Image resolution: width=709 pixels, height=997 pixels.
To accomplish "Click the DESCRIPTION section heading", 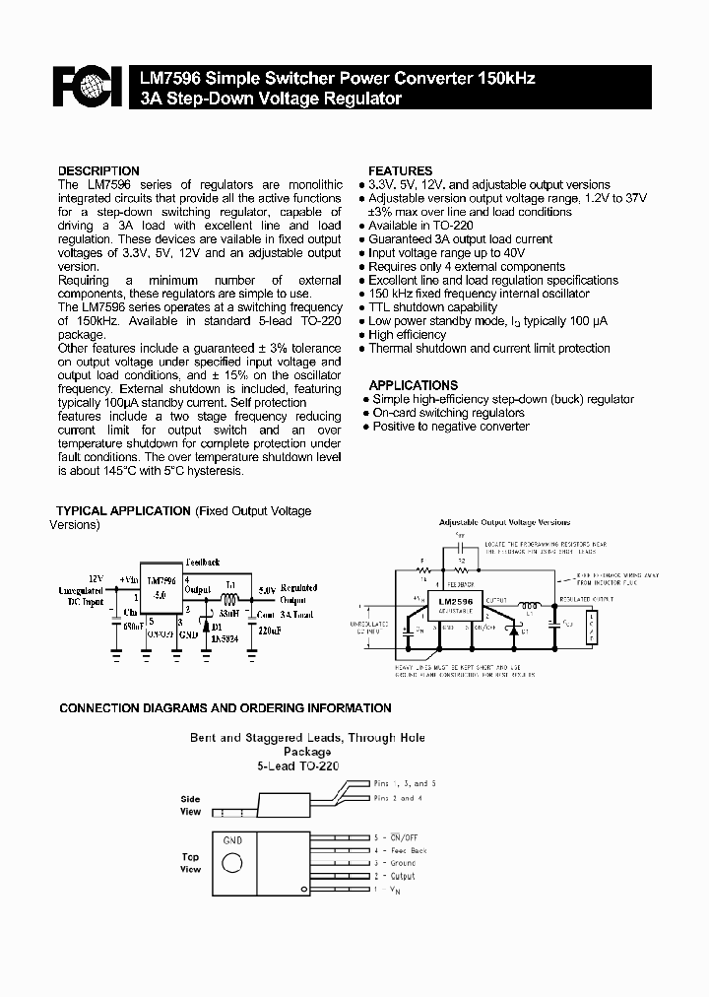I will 98,170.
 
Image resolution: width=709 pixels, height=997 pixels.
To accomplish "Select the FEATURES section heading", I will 400,170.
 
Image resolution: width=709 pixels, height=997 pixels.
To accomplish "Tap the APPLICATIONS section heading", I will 413,385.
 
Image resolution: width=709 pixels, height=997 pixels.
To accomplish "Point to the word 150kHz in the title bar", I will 506,79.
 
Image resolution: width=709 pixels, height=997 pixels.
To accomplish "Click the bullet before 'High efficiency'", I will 363,335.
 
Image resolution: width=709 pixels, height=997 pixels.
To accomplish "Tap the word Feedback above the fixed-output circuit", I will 202,561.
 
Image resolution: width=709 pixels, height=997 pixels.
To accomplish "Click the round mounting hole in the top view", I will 232,863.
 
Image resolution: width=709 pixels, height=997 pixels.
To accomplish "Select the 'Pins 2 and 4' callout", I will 399,798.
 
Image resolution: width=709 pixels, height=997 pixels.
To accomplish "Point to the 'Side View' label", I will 190,806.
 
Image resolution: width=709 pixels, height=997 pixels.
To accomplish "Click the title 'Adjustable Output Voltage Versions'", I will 504,522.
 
